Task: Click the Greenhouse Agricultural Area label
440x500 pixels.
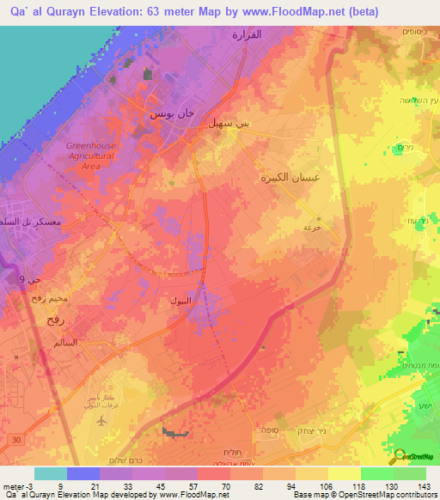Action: coord(90,156)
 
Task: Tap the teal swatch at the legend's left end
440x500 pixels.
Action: coord(50,473)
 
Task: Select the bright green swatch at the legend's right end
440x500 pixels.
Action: coord(410,473)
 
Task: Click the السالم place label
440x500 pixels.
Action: coord(65,342)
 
